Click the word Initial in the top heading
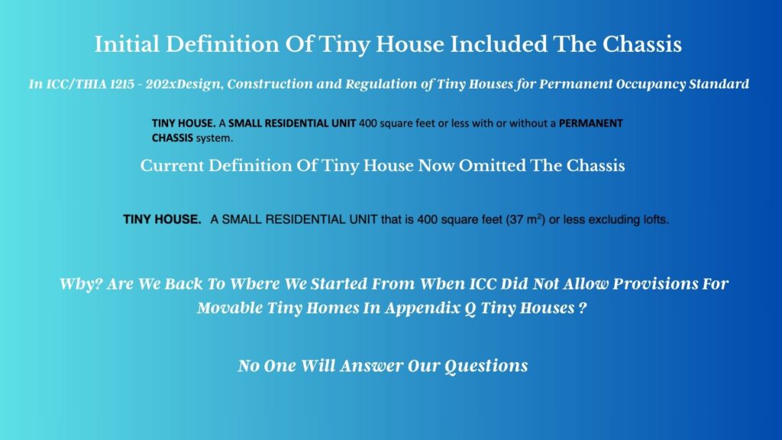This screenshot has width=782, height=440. tap(128, 44)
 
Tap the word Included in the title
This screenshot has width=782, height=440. tap(498, 44)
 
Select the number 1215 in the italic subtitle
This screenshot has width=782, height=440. tap(122, 84)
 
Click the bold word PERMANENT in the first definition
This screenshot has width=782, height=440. tap(591, 123)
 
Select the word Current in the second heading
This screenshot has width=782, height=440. tap(172, 166)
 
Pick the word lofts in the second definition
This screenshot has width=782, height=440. tap(654, 219)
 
